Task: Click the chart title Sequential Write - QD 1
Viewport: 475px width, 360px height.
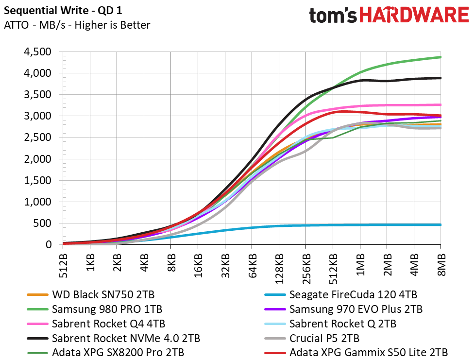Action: [x=63, y=11]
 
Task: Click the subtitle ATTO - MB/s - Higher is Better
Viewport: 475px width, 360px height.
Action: [x=77, y=25]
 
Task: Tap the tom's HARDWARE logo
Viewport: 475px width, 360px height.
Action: [x=389, y=15]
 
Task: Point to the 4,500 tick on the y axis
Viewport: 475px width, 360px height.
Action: [x=37, y=52]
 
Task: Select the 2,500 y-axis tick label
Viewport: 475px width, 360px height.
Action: [x=37, y=137]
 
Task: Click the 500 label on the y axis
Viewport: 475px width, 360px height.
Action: [x=43, y=223]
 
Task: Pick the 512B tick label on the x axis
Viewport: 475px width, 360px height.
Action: [x=63, y=266]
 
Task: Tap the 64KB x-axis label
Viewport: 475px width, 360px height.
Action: [x=252, y=266]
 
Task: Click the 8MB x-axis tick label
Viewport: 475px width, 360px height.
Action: [x=441, y=265]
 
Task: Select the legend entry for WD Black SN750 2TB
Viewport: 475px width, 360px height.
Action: [x=90, y=294]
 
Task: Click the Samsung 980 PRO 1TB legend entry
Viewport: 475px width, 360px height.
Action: [x=95, y=309]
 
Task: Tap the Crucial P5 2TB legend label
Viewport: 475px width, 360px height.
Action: [x=312, y=338]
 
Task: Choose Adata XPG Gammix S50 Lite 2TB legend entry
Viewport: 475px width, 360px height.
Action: [x=356, y=353]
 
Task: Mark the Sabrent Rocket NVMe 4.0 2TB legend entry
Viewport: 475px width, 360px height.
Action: [x=114, y=338]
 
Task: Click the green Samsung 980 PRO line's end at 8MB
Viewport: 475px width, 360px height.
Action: [x=441, y=57]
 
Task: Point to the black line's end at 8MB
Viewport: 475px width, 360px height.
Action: [x=441, y=78]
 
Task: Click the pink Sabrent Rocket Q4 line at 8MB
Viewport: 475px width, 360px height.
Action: [x=441, y=105]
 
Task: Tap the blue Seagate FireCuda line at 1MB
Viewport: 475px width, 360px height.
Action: [x=360, y=225]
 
